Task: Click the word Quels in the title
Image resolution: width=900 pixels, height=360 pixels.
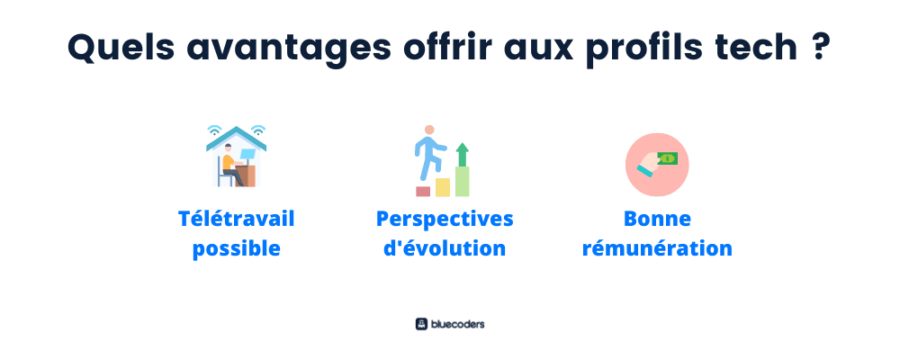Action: click(121, 47)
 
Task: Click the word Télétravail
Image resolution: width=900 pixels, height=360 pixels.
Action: click(236, 218)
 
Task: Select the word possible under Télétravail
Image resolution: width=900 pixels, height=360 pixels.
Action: click(236, 249)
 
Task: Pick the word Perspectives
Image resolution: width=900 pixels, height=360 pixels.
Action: click(445, 220)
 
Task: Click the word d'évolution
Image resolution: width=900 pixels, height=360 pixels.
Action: click(445, 248)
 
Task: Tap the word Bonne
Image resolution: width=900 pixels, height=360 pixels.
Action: click(657, 219)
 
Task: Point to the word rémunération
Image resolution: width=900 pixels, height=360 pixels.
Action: click(657, 248)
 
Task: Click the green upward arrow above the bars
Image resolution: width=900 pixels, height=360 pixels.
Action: click(462, 155)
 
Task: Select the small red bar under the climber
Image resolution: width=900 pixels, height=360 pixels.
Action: click(423, 191)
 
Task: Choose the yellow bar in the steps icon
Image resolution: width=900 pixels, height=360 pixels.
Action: click(443, 187)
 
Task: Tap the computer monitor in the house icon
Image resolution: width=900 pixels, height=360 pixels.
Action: click(248, 154)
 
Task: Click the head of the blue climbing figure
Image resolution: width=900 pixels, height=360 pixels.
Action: click(429, 130)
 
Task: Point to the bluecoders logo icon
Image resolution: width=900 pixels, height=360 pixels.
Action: click(422, 324)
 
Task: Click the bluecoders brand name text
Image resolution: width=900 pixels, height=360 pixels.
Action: click(457, 324)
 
